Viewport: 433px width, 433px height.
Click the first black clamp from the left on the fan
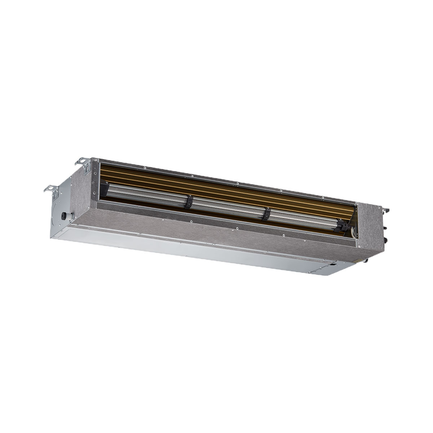point(188,202)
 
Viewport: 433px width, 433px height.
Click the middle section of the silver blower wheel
point(227,207)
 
